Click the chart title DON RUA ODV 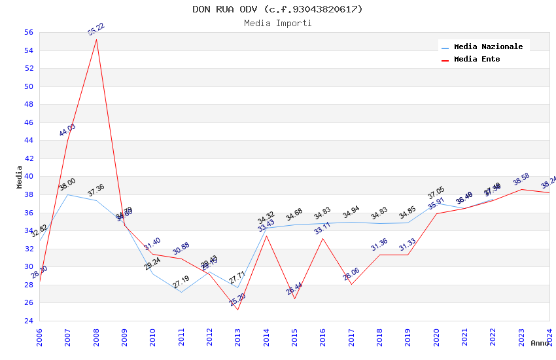[x=277, y=9]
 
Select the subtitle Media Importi [x=277, y=24]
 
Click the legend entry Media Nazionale [x=488, y=46]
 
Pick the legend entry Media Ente [x=477, y=59]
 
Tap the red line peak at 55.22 [x=96, y=39]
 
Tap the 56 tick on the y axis [x=28, y=32]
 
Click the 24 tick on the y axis [x=28, y=321]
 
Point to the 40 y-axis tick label [x=28, y=177]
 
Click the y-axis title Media [x=20, y=177]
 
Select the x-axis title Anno [x=540, y=343]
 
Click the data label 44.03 [x=67, y=130]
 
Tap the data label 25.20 [x=237, y=300]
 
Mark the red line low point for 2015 [x=294, y=299]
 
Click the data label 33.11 [x=322, y=228]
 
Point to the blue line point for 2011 [x=181, y=292]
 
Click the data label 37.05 [x=436, y=192]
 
